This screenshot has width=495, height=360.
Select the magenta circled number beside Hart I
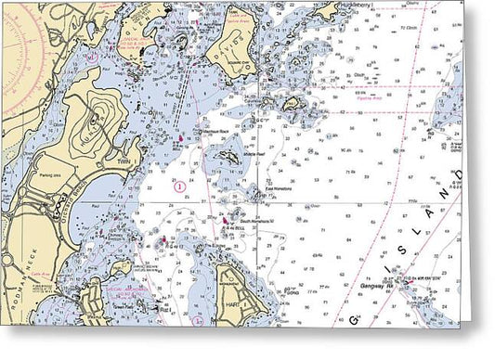[x=197, y=318]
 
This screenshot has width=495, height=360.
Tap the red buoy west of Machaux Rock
[x=178, y=139]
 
